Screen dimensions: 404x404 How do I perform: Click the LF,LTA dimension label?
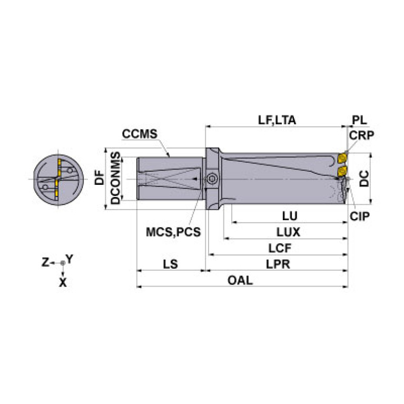pos(277,120)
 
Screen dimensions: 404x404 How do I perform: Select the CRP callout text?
pos(361,135)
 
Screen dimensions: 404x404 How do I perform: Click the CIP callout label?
pos(361,216)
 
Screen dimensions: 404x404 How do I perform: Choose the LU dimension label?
pos(289,216)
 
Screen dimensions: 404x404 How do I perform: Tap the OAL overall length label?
pos(240,281)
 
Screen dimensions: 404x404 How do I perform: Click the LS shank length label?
pos(170,264)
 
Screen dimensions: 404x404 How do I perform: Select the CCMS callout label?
pos(140,134)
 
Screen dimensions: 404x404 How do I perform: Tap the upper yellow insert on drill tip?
pos(342,158)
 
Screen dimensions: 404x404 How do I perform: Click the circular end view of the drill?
pos(58,180)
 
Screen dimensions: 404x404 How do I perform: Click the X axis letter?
pos(63,282)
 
